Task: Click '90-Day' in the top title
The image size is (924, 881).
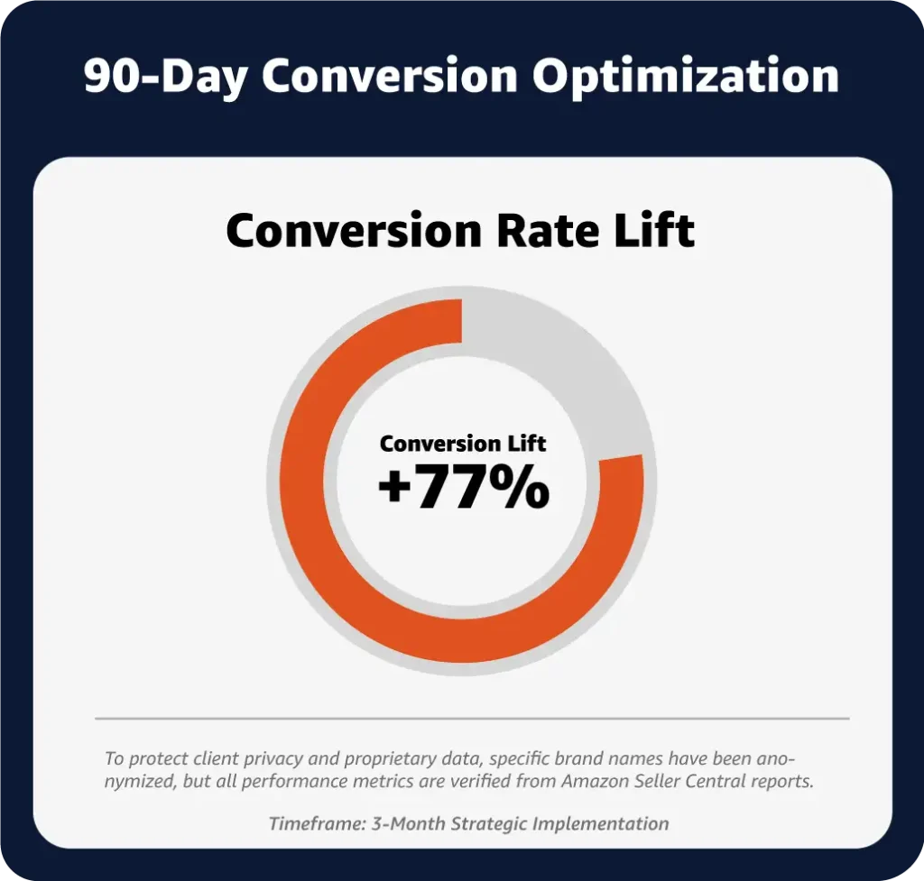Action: (x=165, y=77)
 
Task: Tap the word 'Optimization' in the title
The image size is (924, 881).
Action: (x=686, y=77)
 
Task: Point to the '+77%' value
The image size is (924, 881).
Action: (x=464, y=486)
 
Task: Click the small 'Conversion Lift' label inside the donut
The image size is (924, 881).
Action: (x=463, y=444)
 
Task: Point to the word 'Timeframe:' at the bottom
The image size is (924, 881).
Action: (x=317, y=823)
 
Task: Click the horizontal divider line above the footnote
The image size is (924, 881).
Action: (x=472, y=719)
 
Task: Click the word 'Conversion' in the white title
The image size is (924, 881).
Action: (x=390, y=77)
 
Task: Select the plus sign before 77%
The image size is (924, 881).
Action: (x=394, y=489)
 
